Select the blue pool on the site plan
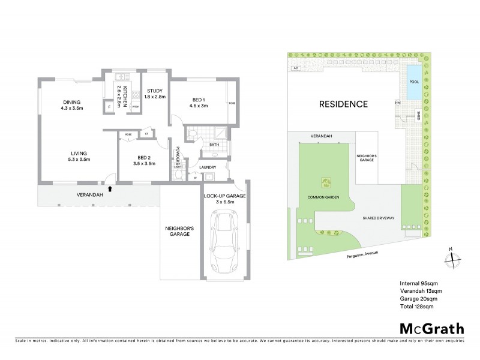[413, 88]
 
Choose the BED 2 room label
[143, 160]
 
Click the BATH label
[213, 145]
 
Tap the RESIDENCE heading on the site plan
[343, 104]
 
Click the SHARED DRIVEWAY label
[377, 218]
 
